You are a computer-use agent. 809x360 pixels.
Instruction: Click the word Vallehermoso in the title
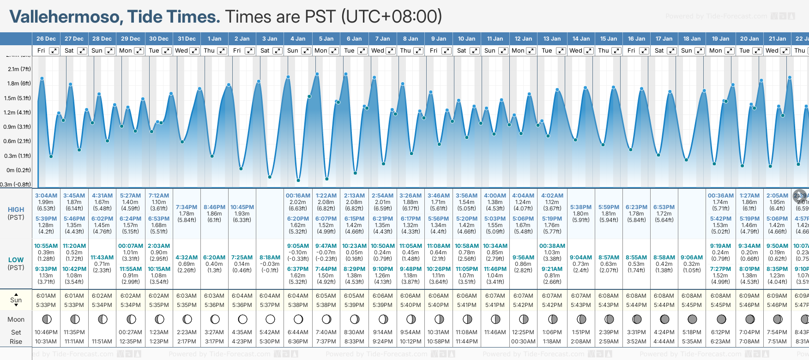pyautogui.click(x=66, y=17)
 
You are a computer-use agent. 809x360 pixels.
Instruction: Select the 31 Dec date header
pyautogui.click(x=187, y=39)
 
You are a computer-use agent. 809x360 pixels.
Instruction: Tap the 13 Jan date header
pyautogui.click(x=552, y=39)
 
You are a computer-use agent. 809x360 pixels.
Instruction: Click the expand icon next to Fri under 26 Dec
pyautogui.click(x=54, y=51)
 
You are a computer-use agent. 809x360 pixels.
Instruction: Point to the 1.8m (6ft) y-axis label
pyautogui.click(x=19, y=84)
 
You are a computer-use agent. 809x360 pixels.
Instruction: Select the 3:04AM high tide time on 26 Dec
pyautogui.click(x=46, y=196)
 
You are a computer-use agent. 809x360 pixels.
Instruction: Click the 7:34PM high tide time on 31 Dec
pyautogui.click(x=187, y=207)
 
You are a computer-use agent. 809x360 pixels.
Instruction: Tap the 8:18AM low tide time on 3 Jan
pyautogui.click(x=270, y=258)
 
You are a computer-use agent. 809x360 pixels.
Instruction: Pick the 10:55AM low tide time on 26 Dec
pyautogui.click(x=46, y=246)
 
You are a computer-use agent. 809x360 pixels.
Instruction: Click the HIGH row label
pyautogui.click(x=16, y=210)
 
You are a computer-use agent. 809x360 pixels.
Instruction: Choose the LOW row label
pyautogui.click(x=16, y=260)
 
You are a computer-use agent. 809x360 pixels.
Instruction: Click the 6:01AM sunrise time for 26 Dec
pyautogui.click(x=46, y=296)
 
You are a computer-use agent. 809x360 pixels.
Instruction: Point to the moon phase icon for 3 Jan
pyautogui.click(x=270, y=319)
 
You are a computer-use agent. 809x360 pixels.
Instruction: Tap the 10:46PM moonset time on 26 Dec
pyautogui.click(x=46, y=332)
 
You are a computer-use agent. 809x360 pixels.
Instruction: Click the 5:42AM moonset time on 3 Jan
pyautogui.click(x=270, y=332)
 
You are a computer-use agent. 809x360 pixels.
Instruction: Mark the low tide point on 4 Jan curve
pyautogui.click(x=298, y=180)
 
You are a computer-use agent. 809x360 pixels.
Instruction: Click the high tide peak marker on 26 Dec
pyautogui.click(x=42, y=78)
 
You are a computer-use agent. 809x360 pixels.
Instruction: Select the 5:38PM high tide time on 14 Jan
pyautogui.click(x=581, y=207)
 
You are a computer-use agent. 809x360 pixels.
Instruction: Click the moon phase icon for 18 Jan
pyautogui.click(x=692, y=319)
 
